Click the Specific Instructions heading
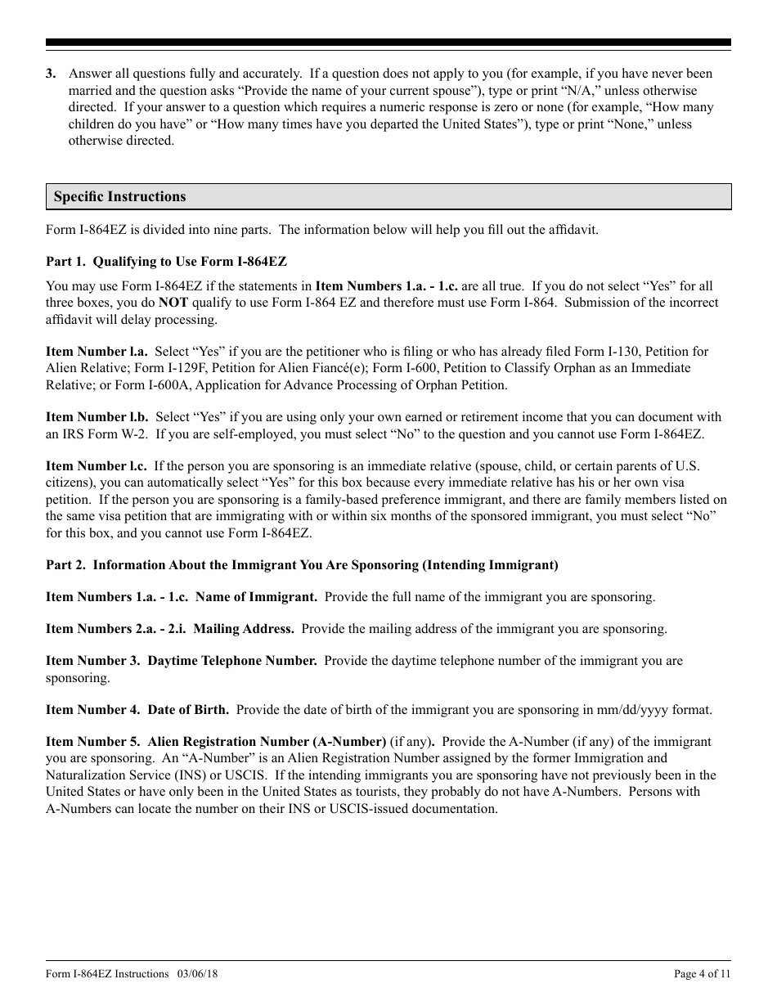click(119, 197)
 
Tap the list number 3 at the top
click(51, 74)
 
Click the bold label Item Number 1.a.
click(97, 352)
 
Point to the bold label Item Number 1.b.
click(97, 417)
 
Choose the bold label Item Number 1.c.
click(97, 466)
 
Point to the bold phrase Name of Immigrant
click(256, 597)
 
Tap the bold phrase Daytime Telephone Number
click(231, 661)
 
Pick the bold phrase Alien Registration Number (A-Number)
click(267, 742)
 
